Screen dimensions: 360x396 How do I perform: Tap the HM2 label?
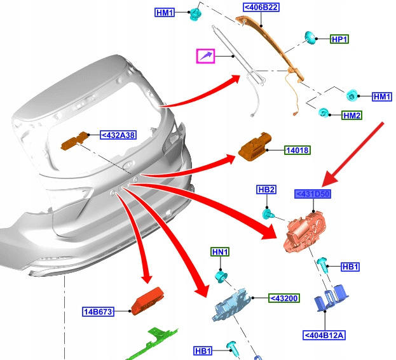click(x=352, y=116)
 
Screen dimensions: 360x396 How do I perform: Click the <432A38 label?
click(x=118, y=134)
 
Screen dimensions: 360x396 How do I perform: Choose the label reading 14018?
click(x=296, y=150)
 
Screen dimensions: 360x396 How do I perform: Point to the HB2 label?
click(x=266, y=190)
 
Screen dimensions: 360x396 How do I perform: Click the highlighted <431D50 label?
click(x=312, y=194)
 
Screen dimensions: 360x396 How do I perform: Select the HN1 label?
click(x=220, y=252)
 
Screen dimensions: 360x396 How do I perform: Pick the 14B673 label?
click(x=98, y=312)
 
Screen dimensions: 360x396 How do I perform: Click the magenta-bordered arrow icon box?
click(x=205, y=57)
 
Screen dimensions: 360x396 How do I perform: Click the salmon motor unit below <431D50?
click(x=304, y=232)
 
